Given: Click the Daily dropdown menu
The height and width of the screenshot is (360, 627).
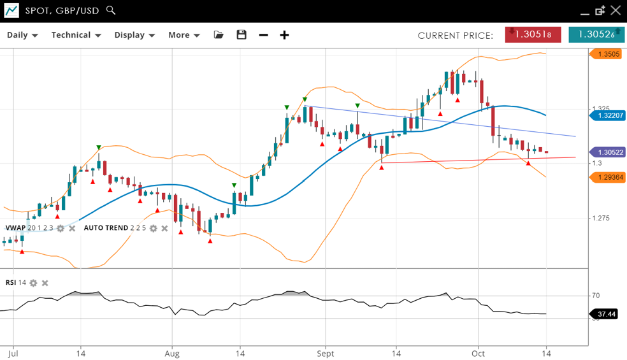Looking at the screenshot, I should tap(22, 35).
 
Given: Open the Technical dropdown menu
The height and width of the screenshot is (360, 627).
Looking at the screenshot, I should tap(76, 35).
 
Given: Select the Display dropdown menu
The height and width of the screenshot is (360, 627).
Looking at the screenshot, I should tap(134, 35).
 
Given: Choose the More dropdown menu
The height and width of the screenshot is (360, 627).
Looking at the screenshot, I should tap(184, 35).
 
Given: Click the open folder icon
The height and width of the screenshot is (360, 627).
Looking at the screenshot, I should tap(219, 35).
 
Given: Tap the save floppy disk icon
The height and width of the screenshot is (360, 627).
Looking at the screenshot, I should tap(241, 35).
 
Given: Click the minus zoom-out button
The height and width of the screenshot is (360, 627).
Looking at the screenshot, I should tap(264, 35).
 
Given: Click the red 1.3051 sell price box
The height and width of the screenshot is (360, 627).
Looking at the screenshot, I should tap(533, 34).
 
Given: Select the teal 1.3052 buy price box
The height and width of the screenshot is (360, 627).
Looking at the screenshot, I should tap(596, 34).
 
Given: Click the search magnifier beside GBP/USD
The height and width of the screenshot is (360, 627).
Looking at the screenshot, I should tap(111, 10).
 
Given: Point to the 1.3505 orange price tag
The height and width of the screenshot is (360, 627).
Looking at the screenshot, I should tap(609, 54).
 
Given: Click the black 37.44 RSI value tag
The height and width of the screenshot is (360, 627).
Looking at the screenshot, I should tap(606, 314).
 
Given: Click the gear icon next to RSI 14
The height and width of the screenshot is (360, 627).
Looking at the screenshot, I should tap(33, 283).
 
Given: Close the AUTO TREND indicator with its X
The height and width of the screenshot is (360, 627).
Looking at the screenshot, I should tap(164, 228).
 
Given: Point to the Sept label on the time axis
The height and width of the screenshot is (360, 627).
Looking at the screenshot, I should tap(326, 353).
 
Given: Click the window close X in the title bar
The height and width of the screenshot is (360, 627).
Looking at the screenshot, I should tap(615, 10).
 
